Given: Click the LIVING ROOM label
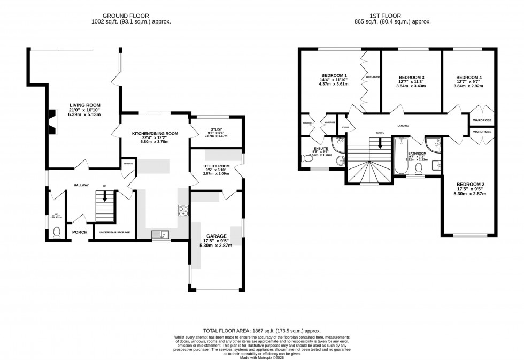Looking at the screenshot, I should [84, 105].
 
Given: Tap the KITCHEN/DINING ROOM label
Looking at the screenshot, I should [155, 134].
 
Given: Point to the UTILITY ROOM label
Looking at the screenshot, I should [215, 166].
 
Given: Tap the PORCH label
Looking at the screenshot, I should [80, 232].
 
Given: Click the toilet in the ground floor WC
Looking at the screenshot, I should [57, 232].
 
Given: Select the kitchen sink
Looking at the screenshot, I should [159, 234].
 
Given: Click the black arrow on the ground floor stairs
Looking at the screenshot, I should [105, 196].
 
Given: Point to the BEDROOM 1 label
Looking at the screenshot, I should [334, 75].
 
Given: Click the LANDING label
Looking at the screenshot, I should [403, 126].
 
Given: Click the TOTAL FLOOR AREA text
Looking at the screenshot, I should [224, 331].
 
